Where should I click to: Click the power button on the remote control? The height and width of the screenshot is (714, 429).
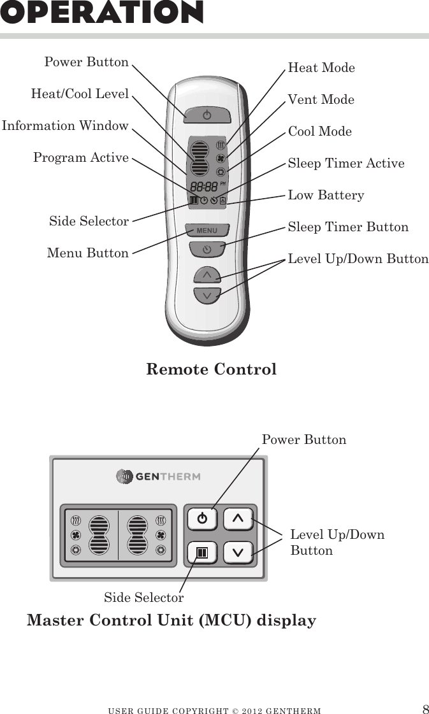[206, 115]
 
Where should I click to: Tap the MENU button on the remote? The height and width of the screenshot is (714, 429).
[207, 231]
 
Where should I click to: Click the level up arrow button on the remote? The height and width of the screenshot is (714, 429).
[207, 275]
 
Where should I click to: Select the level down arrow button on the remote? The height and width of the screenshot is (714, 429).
[207, 296]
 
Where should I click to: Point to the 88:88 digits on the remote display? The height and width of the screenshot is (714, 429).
[203, 187]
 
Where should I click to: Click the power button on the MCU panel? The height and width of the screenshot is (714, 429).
[202, 518]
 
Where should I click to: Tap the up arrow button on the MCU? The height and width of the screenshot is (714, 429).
[238, 518]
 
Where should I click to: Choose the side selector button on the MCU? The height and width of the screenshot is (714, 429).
[202, 552]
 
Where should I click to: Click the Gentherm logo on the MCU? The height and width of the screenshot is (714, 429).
[158, 476]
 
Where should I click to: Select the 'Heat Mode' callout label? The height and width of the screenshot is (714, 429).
[321, 68]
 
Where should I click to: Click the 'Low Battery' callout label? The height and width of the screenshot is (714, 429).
[326, 195]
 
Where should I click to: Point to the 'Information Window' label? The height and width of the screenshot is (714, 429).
[65, 125]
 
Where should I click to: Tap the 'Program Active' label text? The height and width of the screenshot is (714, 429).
[81, 157]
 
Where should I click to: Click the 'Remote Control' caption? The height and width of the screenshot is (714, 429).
[211, 369]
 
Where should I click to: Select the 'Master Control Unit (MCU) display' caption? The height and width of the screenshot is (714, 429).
[171, 620]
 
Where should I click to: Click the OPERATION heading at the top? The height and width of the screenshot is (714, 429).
[102, 13]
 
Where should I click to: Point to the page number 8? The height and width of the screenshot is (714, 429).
[425, 710]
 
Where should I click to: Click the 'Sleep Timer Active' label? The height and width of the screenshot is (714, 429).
[346, 163]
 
